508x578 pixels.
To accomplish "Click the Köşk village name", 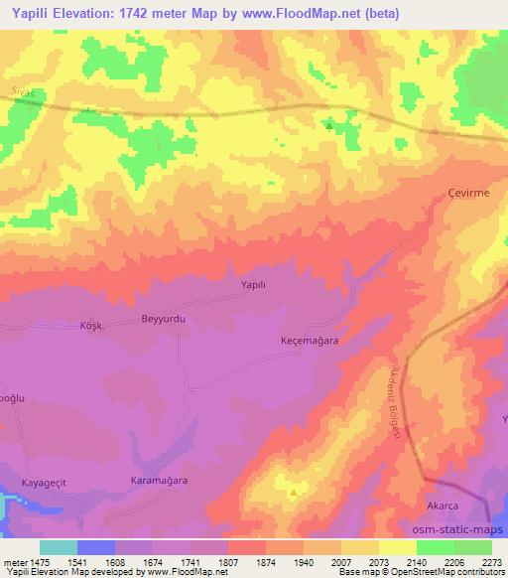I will (90, 326).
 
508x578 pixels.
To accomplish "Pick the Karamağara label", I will (160, 480).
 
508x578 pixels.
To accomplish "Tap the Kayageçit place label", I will (47, 483).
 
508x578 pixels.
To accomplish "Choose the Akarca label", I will (442, 506).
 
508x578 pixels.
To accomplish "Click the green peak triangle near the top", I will (328, 125).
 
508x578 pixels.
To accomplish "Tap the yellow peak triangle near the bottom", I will (293, 492).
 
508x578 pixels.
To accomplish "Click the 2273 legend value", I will (491, 562).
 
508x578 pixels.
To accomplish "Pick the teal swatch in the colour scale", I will (58, 547).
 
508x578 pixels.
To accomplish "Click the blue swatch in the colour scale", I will (96, 547).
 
